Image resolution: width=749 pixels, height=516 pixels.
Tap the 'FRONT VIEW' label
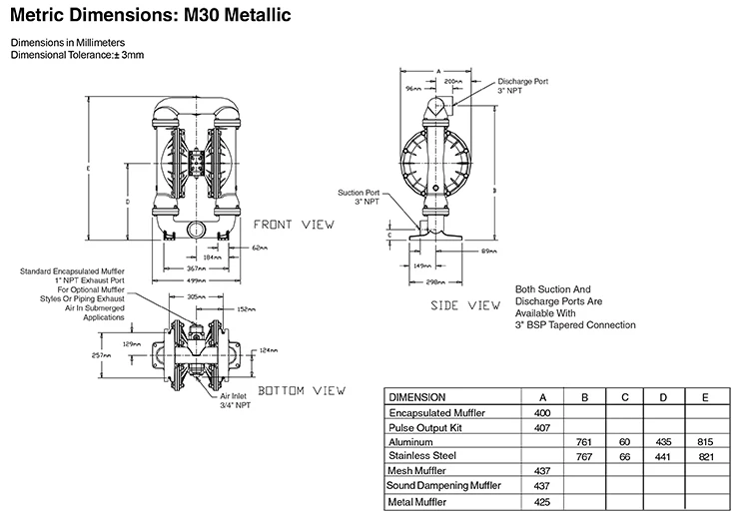(293, 224)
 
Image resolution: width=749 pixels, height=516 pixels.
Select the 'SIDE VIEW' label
(464, 303)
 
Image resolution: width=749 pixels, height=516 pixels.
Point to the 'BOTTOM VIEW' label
(303, 389)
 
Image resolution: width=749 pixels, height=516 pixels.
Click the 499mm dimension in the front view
(198, 280)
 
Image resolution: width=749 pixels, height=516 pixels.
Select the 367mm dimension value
(198, 268)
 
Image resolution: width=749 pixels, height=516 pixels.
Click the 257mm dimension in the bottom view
(100, 354)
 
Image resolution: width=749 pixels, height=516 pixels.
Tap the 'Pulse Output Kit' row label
(427, 425)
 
